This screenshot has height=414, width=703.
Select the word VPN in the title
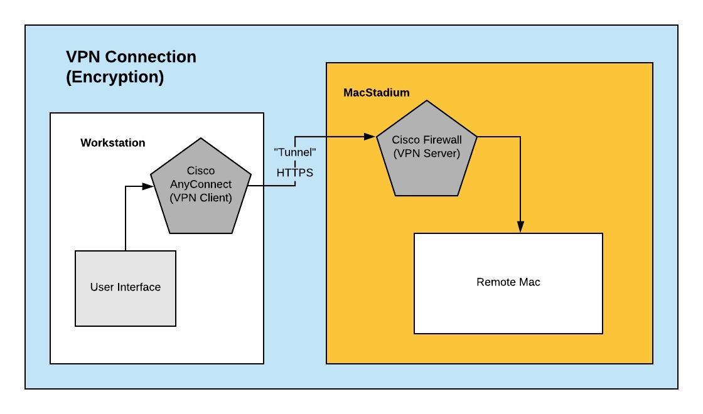(x=84, y=57)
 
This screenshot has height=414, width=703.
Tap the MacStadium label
(x=376, y=93)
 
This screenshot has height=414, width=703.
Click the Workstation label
(x=112, y=143)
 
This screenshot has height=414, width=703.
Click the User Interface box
(x=126, y=288)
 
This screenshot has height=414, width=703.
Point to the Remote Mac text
(x=508, y=282)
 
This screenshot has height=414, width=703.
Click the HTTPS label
(x=295, y=172)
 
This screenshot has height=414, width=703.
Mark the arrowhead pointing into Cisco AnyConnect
(x=148, y=186)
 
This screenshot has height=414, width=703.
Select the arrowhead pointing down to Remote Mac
(x=520, y=227)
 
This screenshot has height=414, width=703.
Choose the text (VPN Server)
(x=426, y=153)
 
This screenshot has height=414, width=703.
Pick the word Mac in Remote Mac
(x=529, y=282)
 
